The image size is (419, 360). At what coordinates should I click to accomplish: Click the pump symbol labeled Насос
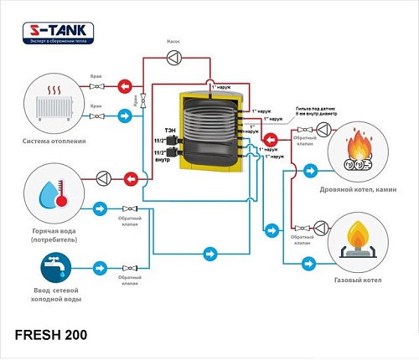click(x=173, y=57)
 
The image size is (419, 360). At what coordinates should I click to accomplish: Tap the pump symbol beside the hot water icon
click(x=103, y=177)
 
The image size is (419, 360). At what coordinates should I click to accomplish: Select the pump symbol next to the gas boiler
click(x=321, y=227)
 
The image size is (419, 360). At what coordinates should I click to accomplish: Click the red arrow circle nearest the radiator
click(x=124, y=85)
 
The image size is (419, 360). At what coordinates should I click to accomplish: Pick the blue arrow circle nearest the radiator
click(x=124, y=115)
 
